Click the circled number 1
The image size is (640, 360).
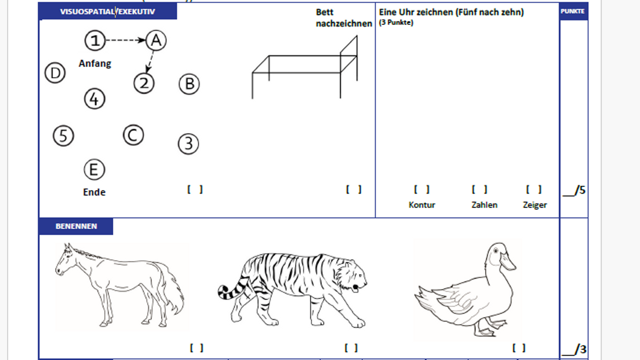pyautogui.click(x=95, y=40)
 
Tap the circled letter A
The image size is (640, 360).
pyautogui.click(x=156, y=40)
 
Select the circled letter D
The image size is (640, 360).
pyautogui.click(x=55, y=73)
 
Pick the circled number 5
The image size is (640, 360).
pyautogui.click(x=63, y=136)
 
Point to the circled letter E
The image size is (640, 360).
pyautogui.click(x=94, y=170)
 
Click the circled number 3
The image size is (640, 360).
pyautogui.click(x=188, y=144)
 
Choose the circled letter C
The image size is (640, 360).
pyautogui.click(x=133, y=135)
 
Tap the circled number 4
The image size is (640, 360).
pyautogui.click(x=95, y=99)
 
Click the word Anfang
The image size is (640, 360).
pyautogui.click(x=95, y=63)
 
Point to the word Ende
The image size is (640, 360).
pyautogui.click(x=94, y=192)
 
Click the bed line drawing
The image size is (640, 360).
pyautogui.click(x=305, y=67)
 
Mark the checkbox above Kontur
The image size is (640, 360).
pyautogui.click(x=422, y=190)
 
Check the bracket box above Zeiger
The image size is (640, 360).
pyautogui.click(x=534, y=190)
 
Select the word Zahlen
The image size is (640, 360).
pyautogui.click(x=484, y=205)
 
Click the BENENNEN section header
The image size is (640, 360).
pyautogui.click(x=76, y=226)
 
